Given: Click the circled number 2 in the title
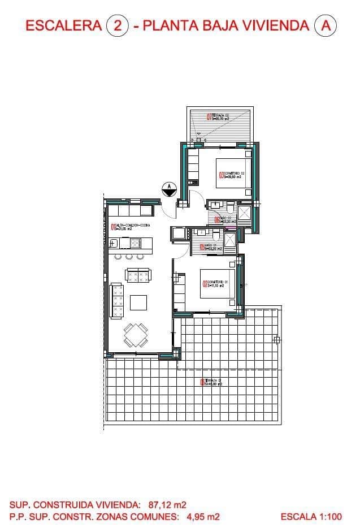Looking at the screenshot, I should tap(118, 25).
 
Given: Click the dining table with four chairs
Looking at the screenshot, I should tap(136, 335).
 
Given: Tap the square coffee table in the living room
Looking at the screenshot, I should tap(138, 303).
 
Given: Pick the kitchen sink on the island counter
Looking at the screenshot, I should tap(114, 243).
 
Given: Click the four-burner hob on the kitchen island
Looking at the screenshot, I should tap(136, 243).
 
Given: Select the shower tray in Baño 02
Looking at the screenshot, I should tap(245, 213).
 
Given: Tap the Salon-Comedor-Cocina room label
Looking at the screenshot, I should tap(129, 228).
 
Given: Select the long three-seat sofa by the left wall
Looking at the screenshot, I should tap(119, 302).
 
